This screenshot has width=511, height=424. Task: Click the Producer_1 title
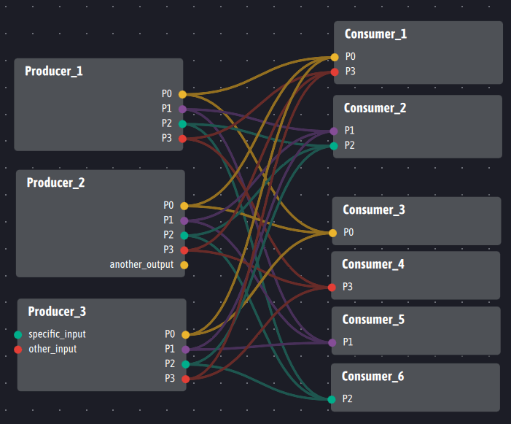[x=54, y=71]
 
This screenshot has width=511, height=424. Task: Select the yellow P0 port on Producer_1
[x=182, y=95]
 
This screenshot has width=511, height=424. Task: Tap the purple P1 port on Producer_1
[x=182, y=109]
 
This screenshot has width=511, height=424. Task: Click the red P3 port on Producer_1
[x=182, y=139]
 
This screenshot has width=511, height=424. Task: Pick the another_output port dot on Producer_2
[x=184, y=265]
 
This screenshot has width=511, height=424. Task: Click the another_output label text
[x=141, y=264]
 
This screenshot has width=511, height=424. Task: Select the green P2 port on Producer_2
[x=184, y=236]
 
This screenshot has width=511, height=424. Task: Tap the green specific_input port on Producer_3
[x=18, y=335]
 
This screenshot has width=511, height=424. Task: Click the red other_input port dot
[x=18, y=350]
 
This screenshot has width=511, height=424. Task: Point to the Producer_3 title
[x=57, y=312]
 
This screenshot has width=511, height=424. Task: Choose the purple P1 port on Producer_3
[x=185, y=350]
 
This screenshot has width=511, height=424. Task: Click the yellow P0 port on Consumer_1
[x=335, y=58]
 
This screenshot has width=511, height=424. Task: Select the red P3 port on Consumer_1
[x=335, y=72]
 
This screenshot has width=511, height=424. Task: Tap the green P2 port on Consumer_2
[x=334, y=146]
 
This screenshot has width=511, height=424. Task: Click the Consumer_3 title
[x=374, y=209]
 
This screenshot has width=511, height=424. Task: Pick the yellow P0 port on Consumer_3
[x=332, y=234]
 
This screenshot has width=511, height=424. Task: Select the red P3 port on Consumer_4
[x=332, y=288]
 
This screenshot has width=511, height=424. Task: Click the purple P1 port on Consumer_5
[x=332, y=343]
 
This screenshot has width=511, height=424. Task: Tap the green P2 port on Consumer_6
[x=332, y=399]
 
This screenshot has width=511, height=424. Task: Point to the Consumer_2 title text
[x=375, y=108]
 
